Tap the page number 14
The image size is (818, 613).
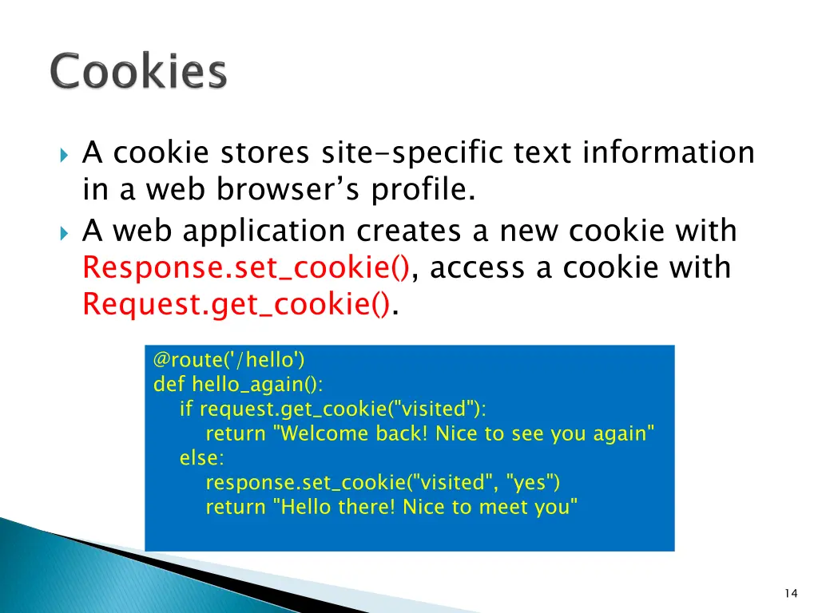pyautogui.click(x=791, y=592)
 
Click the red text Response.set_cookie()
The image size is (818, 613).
pyautogui.click(x=247, y=267)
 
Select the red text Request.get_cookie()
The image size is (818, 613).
pyautogui.click(x=238, y=304)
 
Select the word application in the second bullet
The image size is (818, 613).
pyautogui.click(x=265, y=231)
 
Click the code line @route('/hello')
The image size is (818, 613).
pyautogui.click(x=229, y=360)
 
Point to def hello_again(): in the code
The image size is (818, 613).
pyautogui.click(x=238, y=384)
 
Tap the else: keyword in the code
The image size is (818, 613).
pyautogui.click(x=202, y=458)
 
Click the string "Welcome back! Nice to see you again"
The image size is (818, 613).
pyautogui.click(x=464, y=433)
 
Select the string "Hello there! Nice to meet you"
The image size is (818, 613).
pyautogui.click(x=425, y=507)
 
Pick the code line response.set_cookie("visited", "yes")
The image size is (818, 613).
pyautogui.click(x=383, y=482)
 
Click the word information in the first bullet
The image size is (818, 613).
pyautogui.click(x=668, y=152)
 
